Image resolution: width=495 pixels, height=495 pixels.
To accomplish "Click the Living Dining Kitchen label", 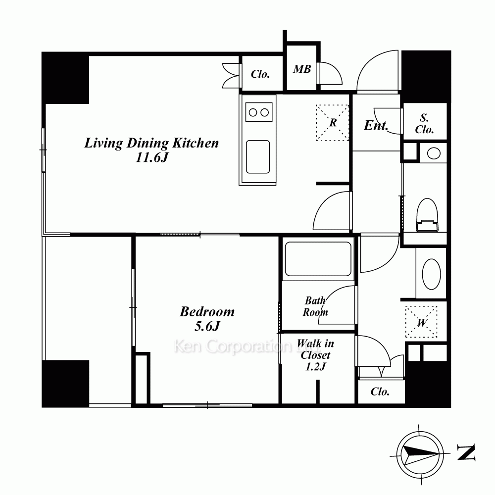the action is coord(151,144).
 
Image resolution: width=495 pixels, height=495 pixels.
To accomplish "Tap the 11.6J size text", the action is coord(151,157).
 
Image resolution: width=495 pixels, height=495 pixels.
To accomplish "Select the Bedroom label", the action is coord(207,312).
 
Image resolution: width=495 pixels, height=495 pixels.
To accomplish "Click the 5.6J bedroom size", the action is coord(207,326).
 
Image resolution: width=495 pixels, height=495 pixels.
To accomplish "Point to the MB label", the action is coord(302,69).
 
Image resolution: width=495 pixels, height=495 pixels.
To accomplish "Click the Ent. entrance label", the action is coord(376,125).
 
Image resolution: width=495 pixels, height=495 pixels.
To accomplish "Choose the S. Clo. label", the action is coord(424,124).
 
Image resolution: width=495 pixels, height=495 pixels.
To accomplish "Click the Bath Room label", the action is coord(315,306).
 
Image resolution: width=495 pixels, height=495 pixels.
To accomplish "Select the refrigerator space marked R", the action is coord(333,122).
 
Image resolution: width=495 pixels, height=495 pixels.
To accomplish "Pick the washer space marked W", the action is coord(421,322).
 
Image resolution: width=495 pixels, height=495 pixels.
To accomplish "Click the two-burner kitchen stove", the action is coord(259,112).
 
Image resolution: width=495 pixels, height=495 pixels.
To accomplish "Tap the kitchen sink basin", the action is coord(258,157).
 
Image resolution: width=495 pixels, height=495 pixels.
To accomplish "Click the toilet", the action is coord(427,215).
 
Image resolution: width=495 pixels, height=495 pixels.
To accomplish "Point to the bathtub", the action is coord(318,259).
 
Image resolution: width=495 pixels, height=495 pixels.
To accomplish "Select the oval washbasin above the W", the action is coord(431,274).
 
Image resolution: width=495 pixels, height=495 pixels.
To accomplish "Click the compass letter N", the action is coord(466,452).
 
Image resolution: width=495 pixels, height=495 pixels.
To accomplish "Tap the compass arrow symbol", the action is coord(420,455).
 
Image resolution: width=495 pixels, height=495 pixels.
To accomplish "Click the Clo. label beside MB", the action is coord(260,74).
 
